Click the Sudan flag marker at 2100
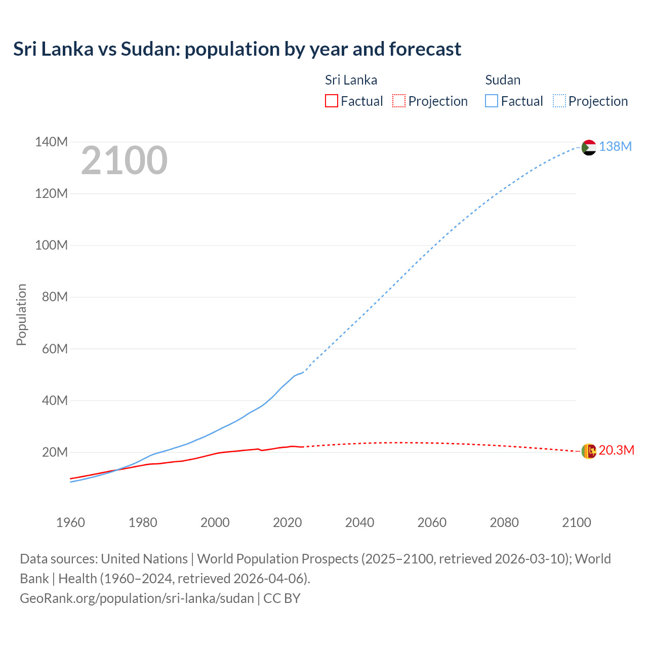tap(588, 147)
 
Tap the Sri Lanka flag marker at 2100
tap(588, 451)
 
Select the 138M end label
tap(615, 147)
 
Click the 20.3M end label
tap(616, 451)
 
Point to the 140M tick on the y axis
tap(51, 142)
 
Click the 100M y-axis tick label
tap(51, 246)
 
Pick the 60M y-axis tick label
tap(54, 349)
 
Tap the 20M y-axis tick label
tap(54, 452)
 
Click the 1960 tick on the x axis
tap(70, 522)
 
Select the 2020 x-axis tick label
tap(287, 522)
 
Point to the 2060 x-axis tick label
tap(432, 522)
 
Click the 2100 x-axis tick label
tap(576, 522)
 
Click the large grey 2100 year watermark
tap(124, 160)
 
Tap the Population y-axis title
tap(21, 314)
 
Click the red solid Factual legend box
tap(331, 101)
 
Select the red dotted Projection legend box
tap(399, 101)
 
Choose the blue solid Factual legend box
tap(491, 101)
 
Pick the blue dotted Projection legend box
tap(559, 101)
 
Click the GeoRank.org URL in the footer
tap(137, 598)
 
